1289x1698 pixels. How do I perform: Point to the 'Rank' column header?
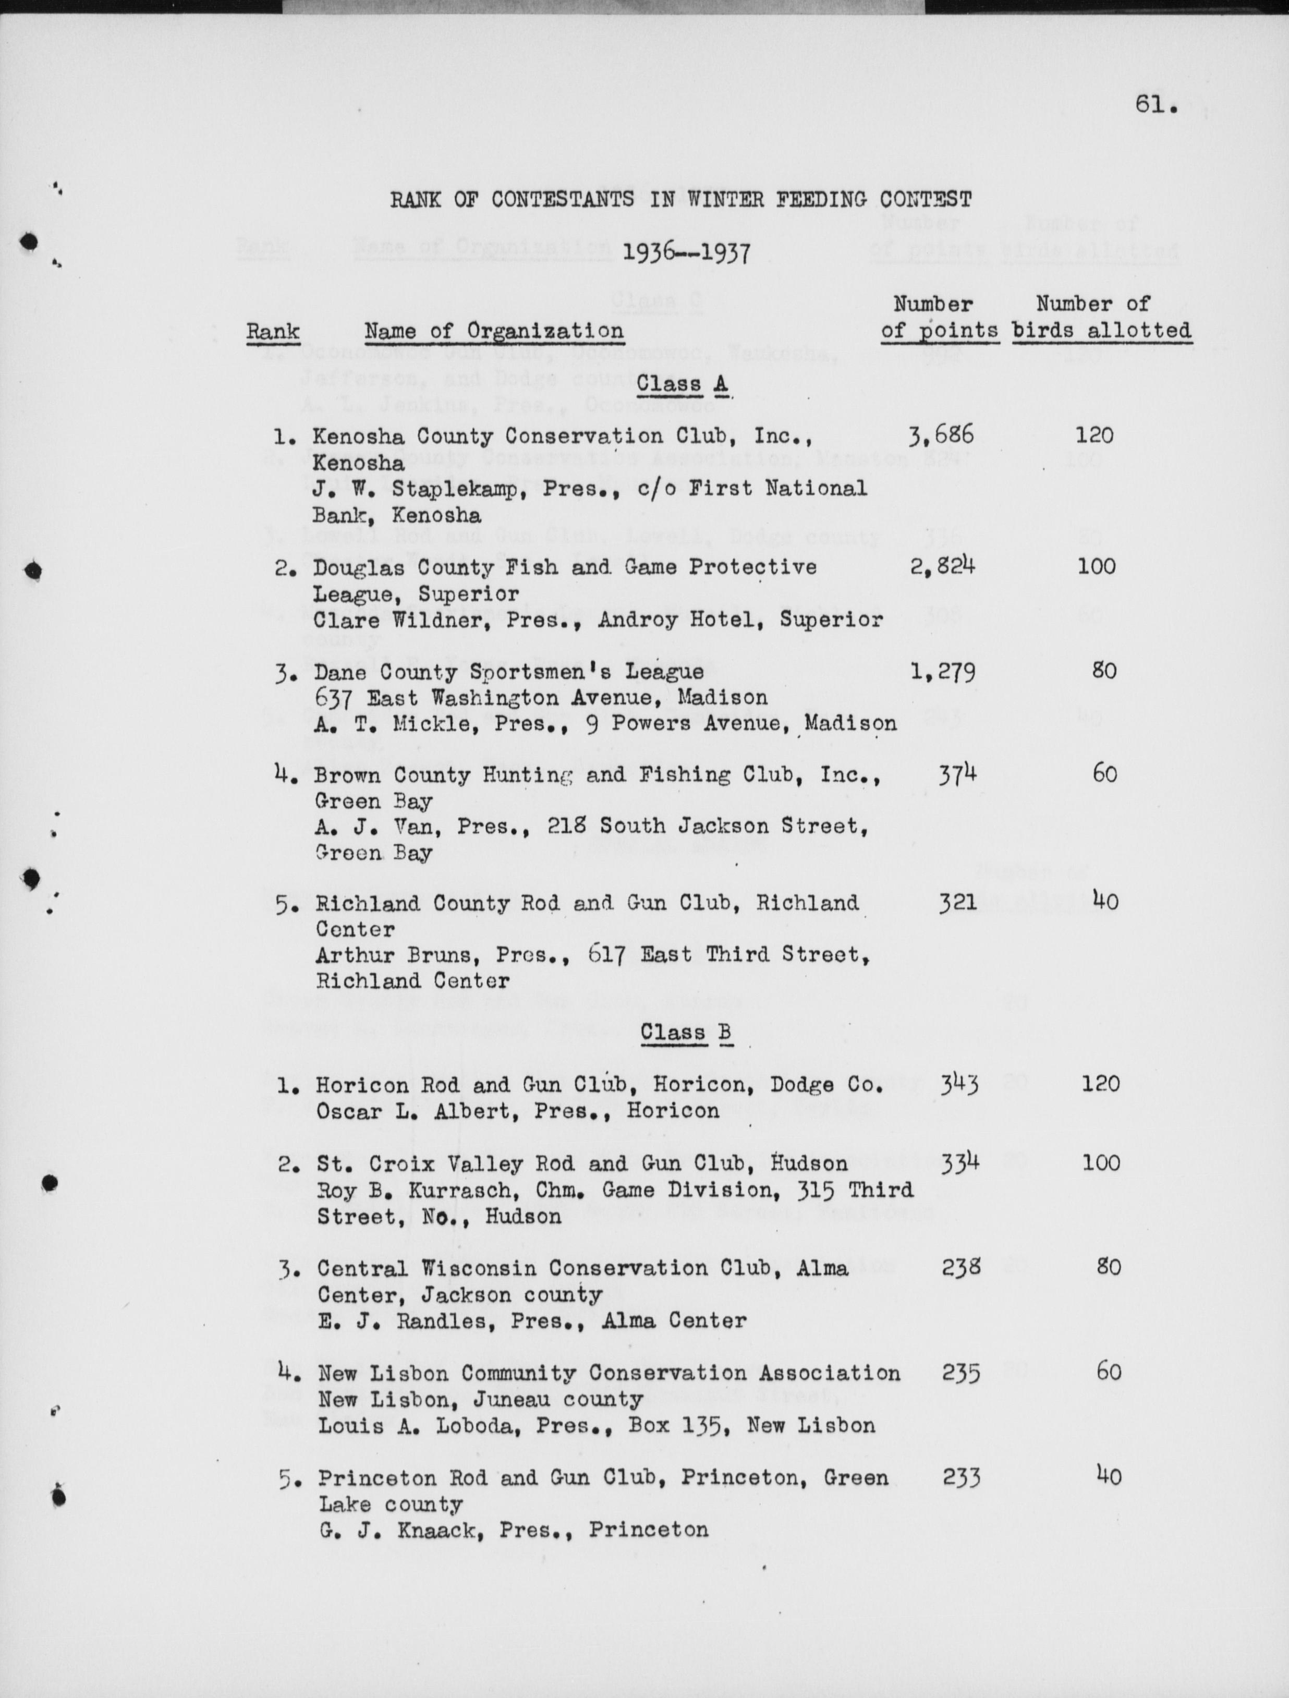[273, 332]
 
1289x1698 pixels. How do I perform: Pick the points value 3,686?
[941, 435]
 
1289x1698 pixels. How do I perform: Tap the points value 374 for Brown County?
[957, 774]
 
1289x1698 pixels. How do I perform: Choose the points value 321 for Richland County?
[957, 903]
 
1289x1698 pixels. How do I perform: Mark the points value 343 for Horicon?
[959, 1085]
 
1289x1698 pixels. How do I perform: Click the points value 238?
[961, 1267]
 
